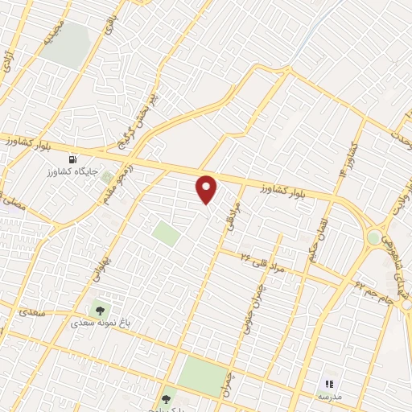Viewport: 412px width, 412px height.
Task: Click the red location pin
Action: coord(207,189)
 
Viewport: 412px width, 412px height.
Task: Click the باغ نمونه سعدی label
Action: coord(99,323)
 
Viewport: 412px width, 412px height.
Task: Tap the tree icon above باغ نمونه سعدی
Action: coord(100,310)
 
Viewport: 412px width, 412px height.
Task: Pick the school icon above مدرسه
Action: coord(328,384)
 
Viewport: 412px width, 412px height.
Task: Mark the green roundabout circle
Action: coord(373,238)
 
